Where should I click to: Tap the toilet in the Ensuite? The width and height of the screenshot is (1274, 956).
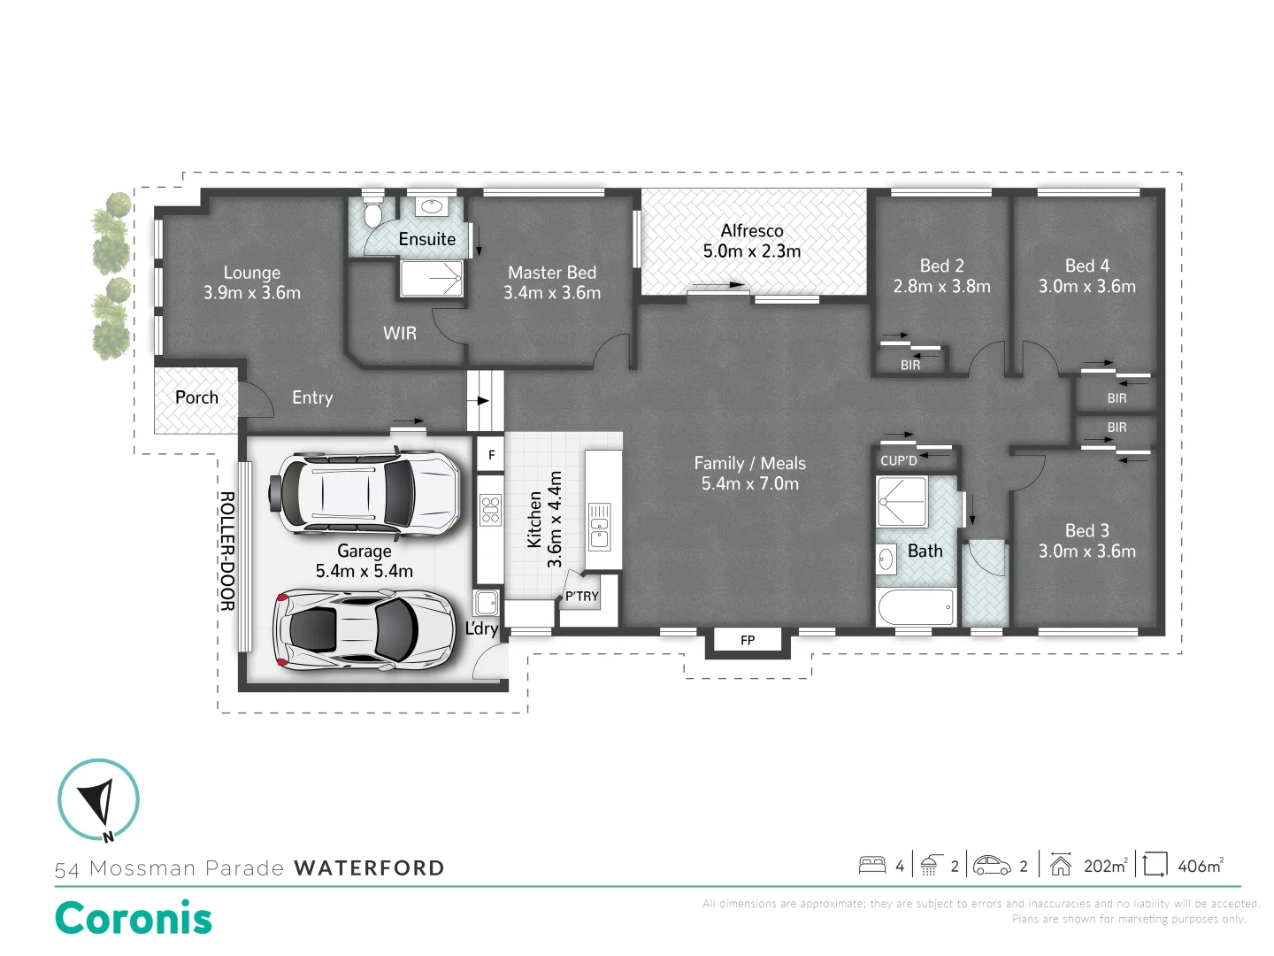coord(372,212)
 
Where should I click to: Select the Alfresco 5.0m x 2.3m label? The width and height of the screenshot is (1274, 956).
coord(752,241)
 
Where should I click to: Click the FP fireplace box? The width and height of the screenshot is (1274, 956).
coord(748,640)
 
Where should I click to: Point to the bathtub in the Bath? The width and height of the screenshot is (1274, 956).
coord(916,607)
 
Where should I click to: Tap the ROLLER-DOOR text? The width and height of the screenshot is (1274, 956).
coord(226,551)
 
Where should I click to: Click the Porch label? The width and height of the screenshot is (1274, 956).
coord(196,397)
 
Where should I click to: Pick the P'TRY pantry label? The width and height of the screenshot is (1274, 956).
coord(582,596)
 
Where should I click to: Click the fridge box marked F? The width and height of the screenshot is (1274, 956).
coord(491,455)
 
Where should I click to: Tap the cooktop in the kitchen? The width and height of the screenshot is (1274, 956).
coord(490,511)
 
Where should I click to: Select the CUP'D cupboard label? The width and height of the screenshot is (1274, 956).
coord(899,460)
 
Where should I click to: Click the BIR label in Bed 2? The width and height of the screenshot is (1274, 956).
coord(910,365)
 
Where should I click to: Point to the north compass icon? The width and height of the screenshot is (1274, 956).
coord(98,799)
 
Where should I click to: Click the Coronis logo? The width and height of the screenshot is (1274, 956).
coord(134,919)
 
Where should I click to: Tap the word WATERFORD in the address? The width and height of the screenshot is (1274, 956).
coord(369,868)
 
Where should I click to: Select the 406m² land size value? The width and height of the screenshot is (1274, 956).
coord(1200,866)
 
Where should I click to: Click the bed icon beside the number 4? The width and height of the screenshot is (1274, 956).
coord(872,865)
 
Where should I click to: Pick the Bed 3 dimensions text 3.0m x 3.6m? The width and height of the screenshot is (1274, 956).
coord(1086,551)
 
